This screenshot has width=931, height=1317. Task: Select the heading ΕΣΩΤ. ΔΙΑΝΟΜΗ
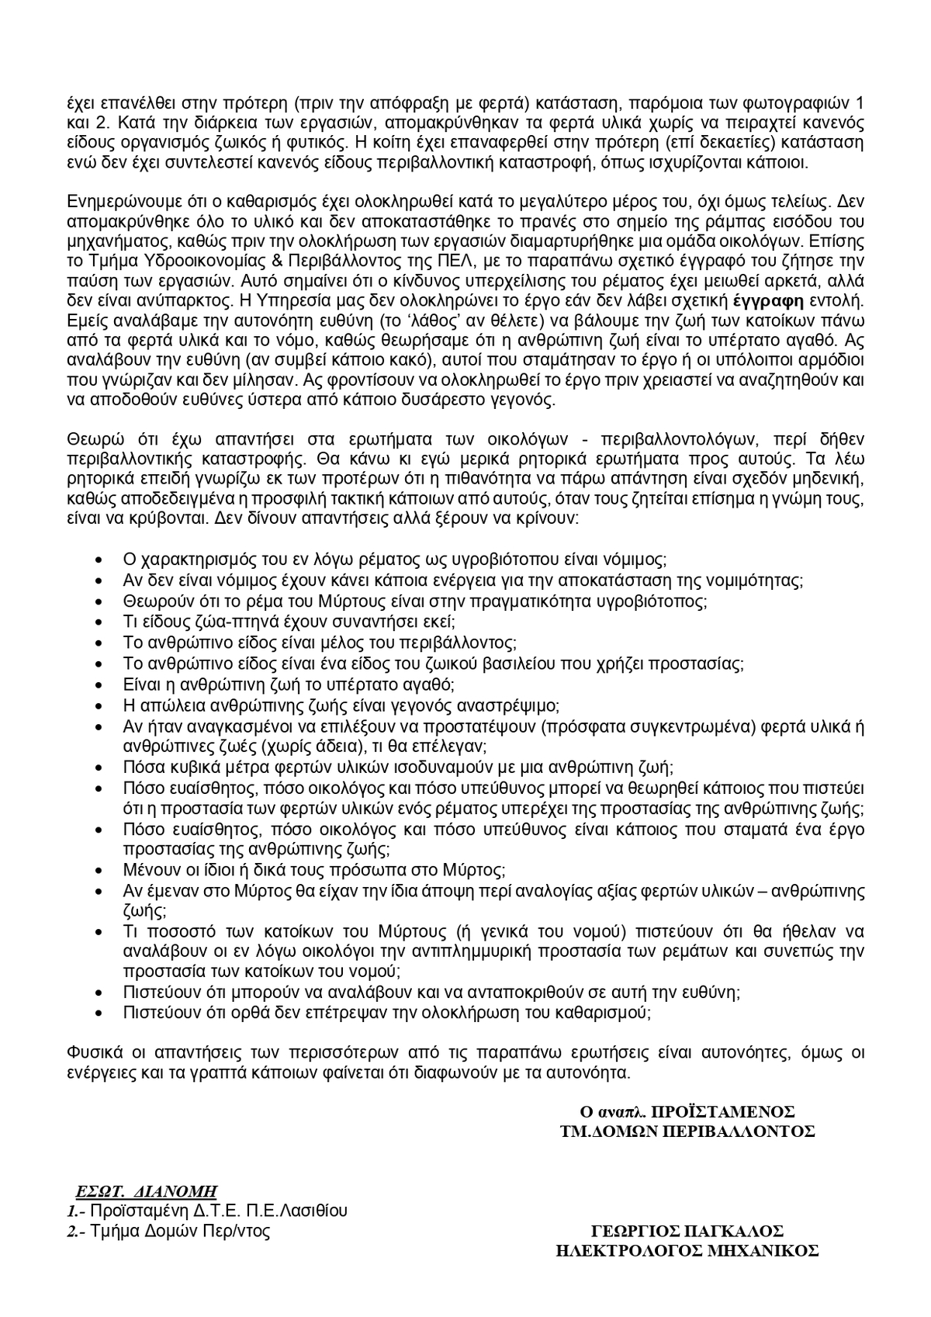pos(146,1190)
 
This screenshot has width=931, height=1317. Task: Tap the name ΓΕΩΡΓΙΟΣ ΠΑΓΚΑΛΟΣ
pos(687,1231)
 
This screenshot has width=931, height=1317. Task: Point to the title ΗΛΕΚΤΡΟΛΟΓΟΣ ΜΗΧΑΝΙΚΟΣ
pos(687,1250)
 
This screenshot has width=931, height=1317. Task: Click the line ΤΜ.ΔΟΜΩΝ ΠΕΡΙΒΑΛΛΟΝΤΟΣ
pos(687,1131)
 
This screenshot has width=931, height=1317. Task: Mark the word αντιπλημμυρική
pos(475,950)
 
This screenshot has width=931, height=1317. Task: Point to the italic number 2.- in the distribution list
pos(74,1231)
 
